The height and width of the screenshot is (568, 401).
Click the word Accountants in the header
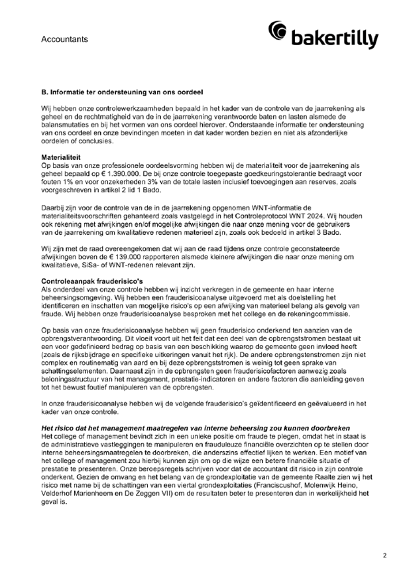[x=64, y=39]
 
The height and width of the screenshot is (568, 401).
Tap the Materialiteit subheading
[x=62, y=156]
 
